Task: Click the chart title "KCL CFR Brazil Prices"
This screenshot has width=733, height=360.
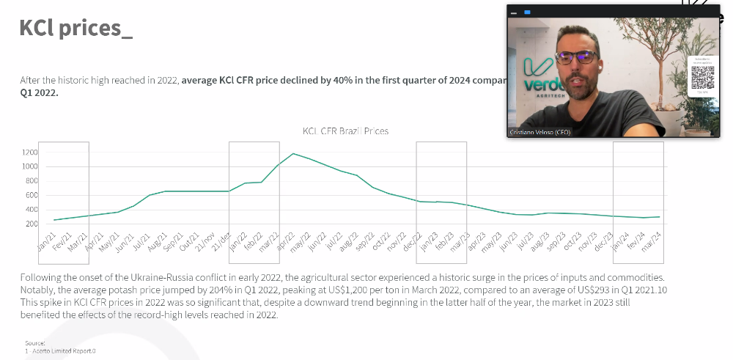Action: click(345, 131)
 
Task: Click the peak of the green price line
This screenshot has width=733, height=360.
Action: click(293, 154)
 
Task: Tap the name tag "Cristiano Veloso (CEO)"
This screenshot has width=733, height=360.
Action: click(539, 132)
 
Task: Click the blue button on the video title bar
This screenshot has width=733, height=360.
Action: click(527, 12)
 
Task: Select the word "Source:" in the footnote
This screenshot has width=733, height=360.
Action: click(34, 342)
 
